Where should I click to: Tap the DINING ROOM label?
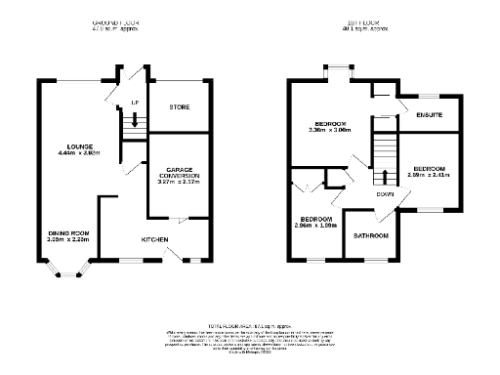68,232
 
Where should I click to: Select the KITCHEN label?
155,239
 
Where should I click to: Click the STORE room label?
178,106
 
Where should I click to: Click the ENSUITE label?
430,116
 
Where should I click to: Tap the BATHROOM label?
371,236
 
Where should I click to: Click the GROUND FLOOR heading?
115,21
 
